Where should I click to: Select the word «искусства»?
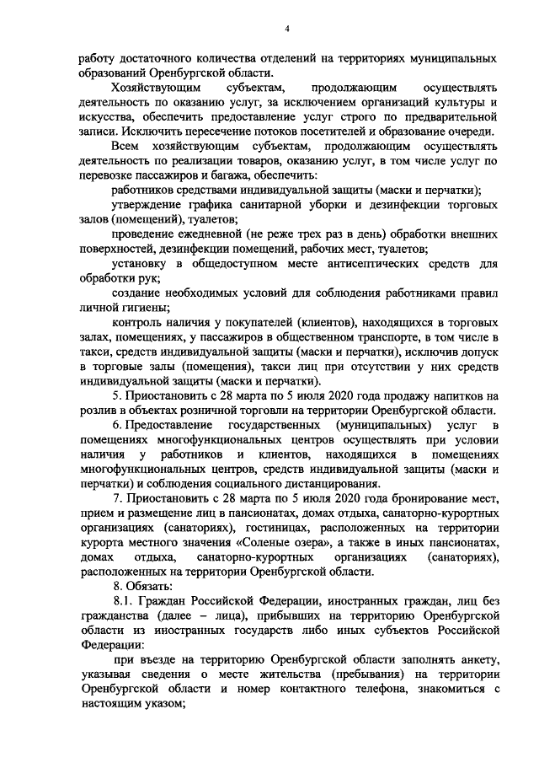click(x=105, y=117)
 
